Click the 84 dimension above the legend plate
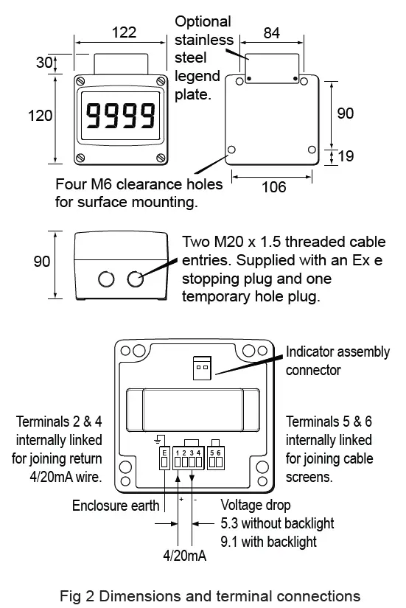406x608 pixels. click(x=272, y=32)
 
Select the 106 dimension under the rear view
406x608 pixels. click(x=274, y=186)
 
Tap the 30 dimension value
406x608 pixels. click(x=44, y=63)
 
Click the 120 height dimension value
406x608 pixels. click(x=41, y=116)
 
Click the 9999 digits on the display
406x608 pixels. click(x=121, y=116)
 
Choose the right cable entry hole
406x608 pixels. click(x=135, y=279)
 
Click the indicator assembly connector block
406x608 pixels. click(x=202, y=368)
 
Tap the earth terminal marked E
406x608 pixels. click(x=164, y=459)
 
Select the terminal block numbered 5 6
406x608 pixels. click(x=215, y=459)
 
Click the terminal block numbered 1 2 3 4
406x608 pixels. click(x=188, y=459)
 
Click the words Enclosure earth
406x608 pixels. click(x=115, y=506)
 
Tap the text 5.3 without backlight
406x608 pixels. click(x=277, y=524)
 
